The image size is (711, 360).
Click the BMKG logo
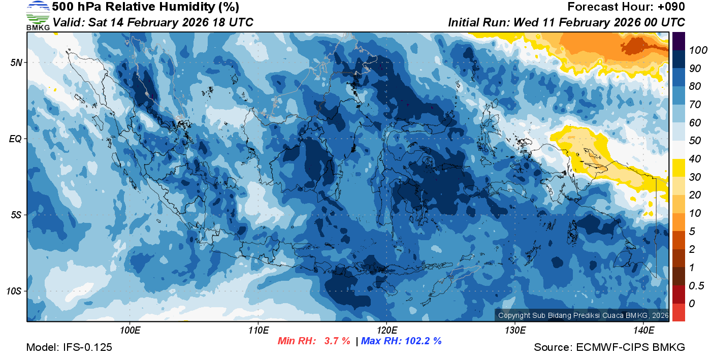pyautogui.click(x=38, y=16)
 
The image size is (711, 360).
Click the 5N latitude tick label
pyautogui.click(x=16, y=62)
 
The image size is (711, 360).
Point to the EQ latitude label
pyautogui.click(x=15, y=139)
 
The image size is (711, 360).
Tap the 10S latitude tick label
pyautogui.click(x=14, y=291)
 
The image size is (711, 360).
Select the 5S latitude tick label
pyautogui.click(x=16, y=215)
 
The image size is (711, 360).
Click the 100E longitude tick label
pyautogui.click(x=130, y=331)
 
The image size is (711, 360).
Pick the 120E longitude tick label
pyautogui.click(x=386, y=331)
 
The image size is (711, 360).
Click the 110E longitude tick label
pyautogui.click(x=258, y=331)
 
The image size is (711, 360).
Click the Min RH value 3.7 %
pyautogui.click(x=337, y=341)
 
